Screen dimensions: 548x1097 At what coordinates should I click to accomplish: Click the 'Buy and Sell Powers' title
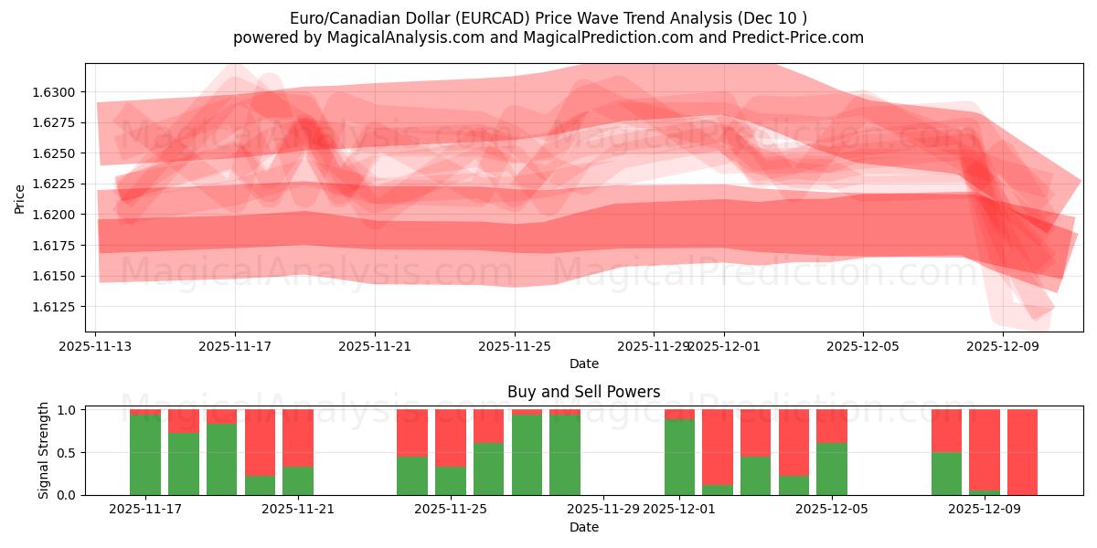pyautogui.click(x=584, y=392)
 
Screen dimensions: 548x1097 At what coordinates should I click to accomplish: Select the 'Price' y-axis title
pyautogui.click(x=20, y=198)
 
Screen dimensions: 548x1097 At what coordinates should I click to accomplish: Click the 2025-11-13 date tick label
pyautogui.click(x=96, y=347)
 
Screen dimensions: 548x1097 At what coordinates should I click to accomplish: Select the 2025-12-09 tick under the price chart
pyautogui.click(x=1003, y=347)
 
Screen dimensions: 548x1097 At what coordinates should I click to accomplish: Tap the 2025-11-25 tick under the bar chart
pyautogui.click(x=451, y=510)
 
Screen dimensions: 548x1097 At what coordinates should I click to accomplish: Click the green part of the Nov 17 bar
pyautogui.click(x=145, y=455)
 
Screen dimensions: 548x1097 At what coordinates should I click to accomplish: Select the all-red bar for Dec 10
pyautogui.click(x=1022, y=452)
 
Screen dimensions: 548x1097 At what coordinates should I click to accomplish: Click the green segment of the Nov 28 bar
pyautogui.click(x=565, y=455)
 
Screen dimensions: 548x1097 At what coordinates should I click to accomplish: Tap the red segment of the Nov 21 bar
pyautogui.click(x=298, y=437)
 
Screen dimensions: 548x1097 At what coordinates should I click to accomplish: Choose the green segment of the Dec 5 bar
pyautogui.click(x=832, y=469)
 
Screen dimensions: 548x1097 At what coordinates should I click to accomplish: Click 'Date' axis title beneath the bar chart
pyautogui.click(x=584, y=527)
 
